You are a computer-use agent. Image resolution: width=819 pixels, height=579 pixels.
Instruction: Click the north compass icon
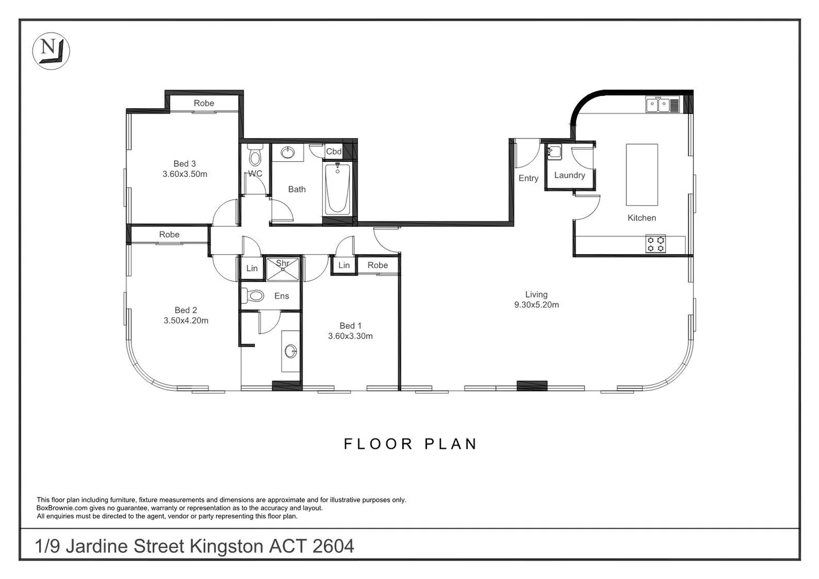pyautogui.click(x=51, y=51)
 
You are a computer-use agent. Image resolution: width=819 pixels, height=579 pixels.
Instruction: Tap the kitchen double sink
pyautogui.click(x=659, y=105)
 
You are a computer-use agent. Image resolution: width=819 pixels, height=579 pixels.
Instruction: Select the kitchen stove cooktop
pyautogui.click(x=655, y=244)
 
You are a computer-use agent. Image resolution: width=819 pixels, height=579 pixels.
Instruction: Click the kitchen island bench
pyautogui.click(x=641, y=174)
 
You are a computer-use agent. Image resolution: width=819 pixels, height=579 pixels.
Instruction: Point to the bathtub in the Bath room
pyautogui.click(x=337, y=189)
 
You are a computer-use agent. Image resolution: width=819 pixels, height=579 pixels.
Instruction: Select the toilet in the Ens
pyautogui.click(x=254, y=295)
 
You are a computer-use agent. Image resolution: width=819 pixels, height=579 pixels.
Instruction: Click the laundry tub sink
pyautogui.click(x=554, y=152)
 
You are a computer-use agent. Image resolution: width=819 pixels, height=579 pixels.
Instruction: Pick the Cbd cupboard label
pyautogui.click(x=334, y=152)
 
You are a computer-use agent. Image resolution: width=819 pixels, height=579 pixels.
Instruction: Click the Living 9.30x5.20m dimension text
pyautogui.click(x=536, y=305)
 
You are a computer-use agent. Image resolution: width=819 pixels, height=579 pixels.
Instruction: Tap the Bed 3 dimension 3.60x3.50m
pyautogui.click(x=185, y=174)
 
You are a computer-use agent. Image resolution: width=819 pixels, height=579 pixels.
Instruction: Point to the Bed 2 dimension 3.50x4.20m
pyautogui.click(x=186, y=321)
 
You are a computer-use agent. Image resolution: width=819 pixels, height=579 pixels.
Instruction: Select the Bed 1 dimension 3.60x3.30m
pyautogui.click(x=350, y=336)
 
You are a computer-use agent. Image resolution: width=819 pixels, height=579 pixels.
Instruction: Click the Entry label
pyautogui.click(x=528, y=179)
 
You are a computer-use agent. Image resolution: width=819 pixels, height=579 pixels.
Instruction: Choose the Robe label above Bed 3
pyautogui.click(x=204, y=103)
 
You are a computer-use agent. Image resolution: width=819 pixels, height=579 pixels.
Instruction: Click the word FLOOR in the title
pyautogui.click(x=378, y=444)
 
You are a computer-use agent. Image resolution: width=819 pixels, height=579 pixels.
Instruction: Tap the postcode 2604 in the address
pyautogui.click(x=333, y=546)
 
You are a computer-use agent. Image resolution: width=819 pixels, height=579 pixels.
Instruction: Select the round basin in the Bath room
pyautogui.click(x=287, y=153)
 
